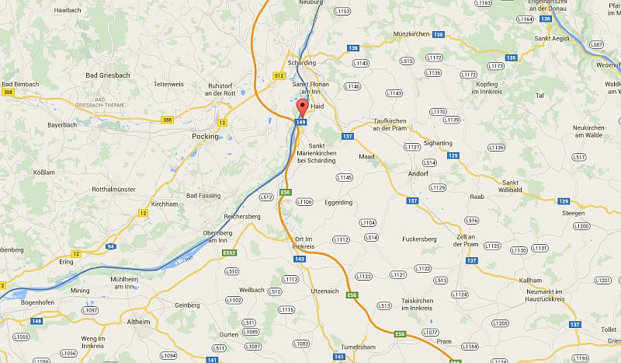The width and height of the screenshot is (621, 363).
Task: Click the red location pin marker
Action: pos(302,107)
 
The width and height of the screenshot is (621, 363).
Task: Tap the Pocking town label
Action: pos(205,135)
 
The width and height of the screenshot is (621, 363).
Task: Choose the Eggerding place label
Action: pos(338,202)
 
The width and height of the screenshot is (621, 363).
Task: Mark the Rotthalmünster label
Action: pos(114,189)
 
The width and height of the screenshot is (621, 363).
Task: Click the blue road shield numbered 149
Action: pos(301,122)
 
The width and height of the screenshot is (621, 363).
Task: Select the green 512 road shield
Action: pos(279,75)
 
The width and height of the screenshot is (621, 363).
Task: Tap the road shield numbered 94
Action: pos(112,246)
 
